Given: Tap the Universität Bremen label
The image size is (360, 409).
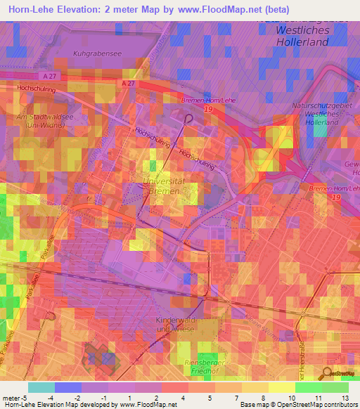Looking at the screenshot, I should pos(164,186).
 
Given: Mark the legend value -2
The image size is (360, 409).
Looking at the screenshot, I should pos(85,398).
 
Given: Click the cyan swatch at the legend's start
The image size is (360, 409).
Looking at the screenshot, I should pos(41,387).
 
